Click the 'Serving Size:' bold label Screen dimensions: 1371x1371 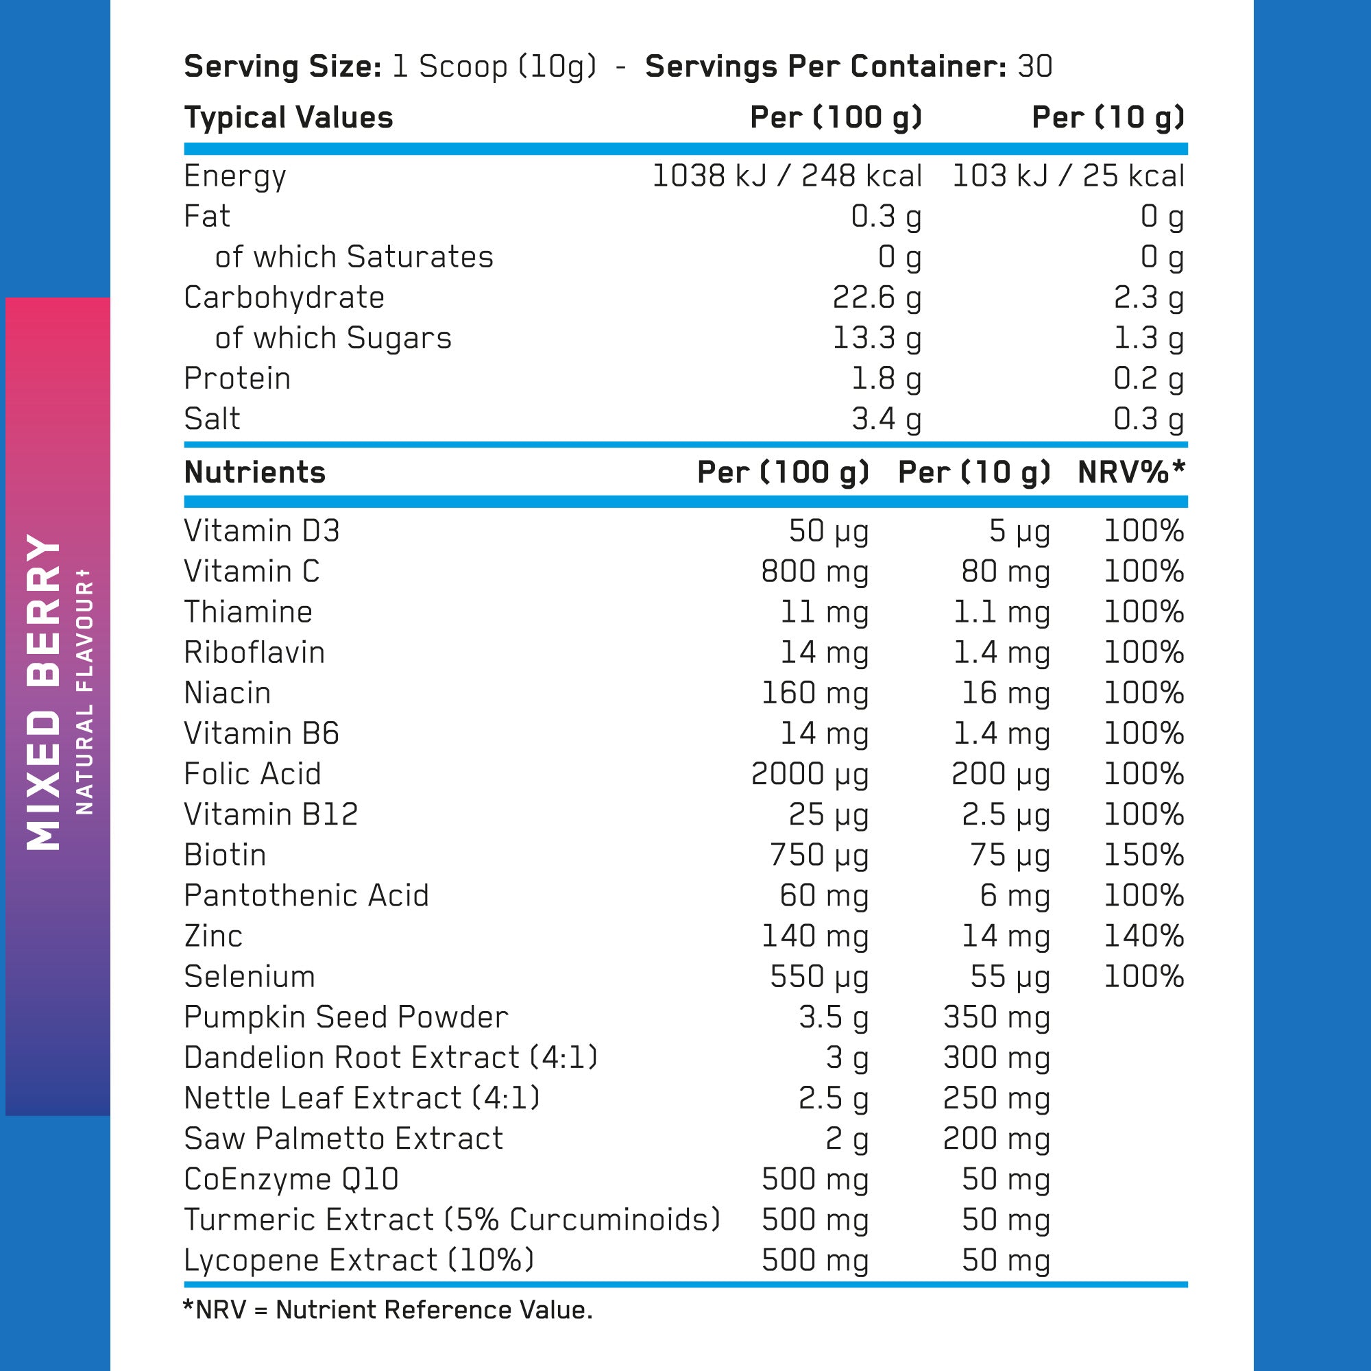click(282, 66)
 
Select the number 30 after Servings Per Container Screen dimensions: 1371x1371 click(1034, 66)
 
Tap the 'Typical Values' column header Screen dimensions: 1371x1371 click(288, 118)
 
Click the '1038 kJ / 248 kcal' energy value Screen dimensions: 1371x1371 click(786, 176)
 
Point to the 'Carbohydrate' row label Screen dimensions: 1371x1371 click(284, 298)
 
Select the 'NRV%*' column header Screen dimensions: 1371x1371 click(1131, 472)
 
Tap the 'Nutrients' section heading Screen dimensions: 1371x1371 click(255, 472)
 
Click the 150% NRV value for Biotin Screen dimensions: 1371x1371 click(1143, 855)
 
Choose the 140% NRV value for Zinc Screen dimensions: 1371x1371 click(1143, 936)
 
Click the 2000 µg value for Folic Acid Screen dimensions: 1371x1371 click(810, 774)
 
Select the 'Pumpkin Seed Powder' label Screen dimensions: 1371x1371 click(345, 1017)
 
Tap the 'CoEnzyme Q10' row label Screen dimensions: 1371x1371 click(291, 1179)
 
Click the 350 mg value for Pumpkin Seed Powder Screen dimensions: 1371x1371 click(996, 1017)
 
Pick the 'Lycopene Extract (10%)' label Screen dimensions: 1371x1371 click(359, 1261)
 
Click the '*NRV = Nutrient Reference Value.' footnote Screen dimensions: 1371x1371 click(387, 1310)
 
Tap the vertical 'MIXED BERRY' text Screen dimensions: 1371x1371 click(44, 692)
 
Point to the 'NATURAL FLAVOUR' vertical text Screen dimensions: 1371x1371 click(84, 692)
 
